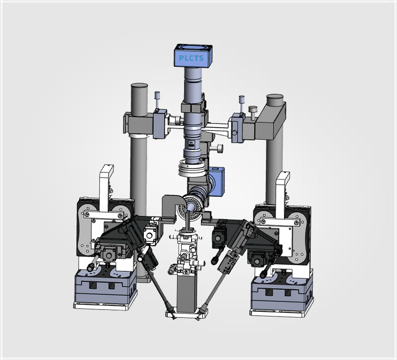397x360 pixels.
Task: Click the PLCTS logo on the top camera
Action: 191,58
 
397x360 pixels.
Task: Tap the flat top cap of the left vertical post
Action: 139,85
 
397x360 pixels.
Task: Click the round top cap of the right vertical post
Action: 275,96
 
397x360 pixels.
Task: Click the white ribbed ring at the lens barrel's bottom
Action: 192,168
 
